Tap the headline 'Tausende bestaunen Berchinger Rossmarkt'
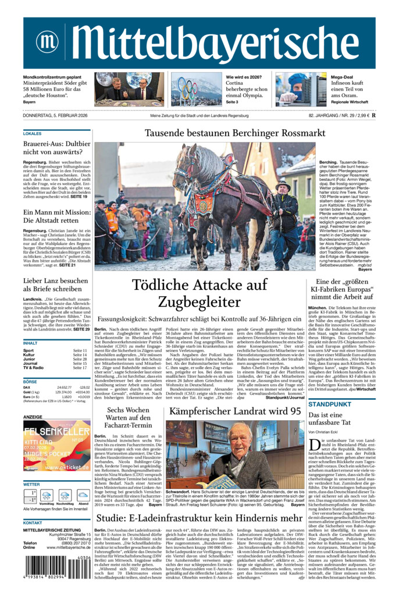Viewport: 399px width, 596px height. coord(234,133)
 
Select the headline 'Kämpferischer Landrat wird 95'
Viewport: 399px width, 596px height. coord(235,411)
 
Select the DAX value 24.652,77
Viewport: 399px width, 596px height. coord(64,387)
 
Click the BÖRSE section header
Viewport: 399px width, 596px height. coord(30,381)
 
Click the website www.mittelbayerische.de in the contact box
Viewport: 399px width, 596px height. coord(64,547)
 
